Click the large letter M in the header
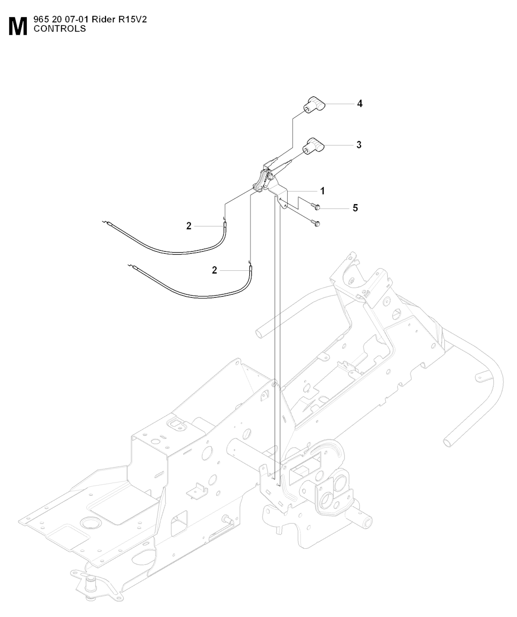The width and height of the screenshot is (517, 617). pos(18,27)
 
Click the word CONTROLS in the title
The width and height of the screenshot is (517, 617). pos(60,29)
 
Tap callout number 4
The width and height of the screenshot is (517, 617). pos(359,104)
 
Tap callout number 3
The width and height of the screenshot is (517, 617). pos(359,145)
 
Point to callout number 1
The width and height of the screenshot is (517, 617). pos(323,191)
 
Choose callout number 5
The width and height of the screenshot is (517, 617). pos(355,208)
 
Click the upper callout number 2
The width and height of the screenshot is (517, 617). pos(189,226)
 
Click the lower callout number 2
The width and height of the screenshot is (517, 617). pos(215,270)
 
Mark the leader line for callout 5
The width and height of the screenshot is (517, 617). pos(335,208)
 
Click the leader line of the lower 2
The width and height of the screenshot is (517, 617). pos(235,270)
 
